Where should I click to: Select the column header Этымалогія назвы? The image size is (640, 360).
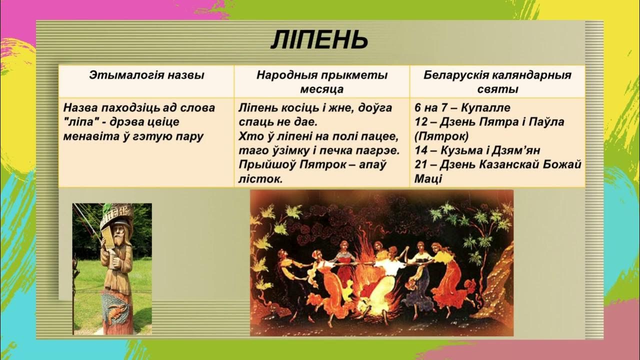[x=146, y=75]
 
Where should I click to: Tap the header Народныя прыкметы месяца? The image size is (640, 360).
[x=322, y=82]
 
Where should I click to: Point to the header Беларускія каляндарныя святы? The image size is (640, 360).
[x=497, y=82]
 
